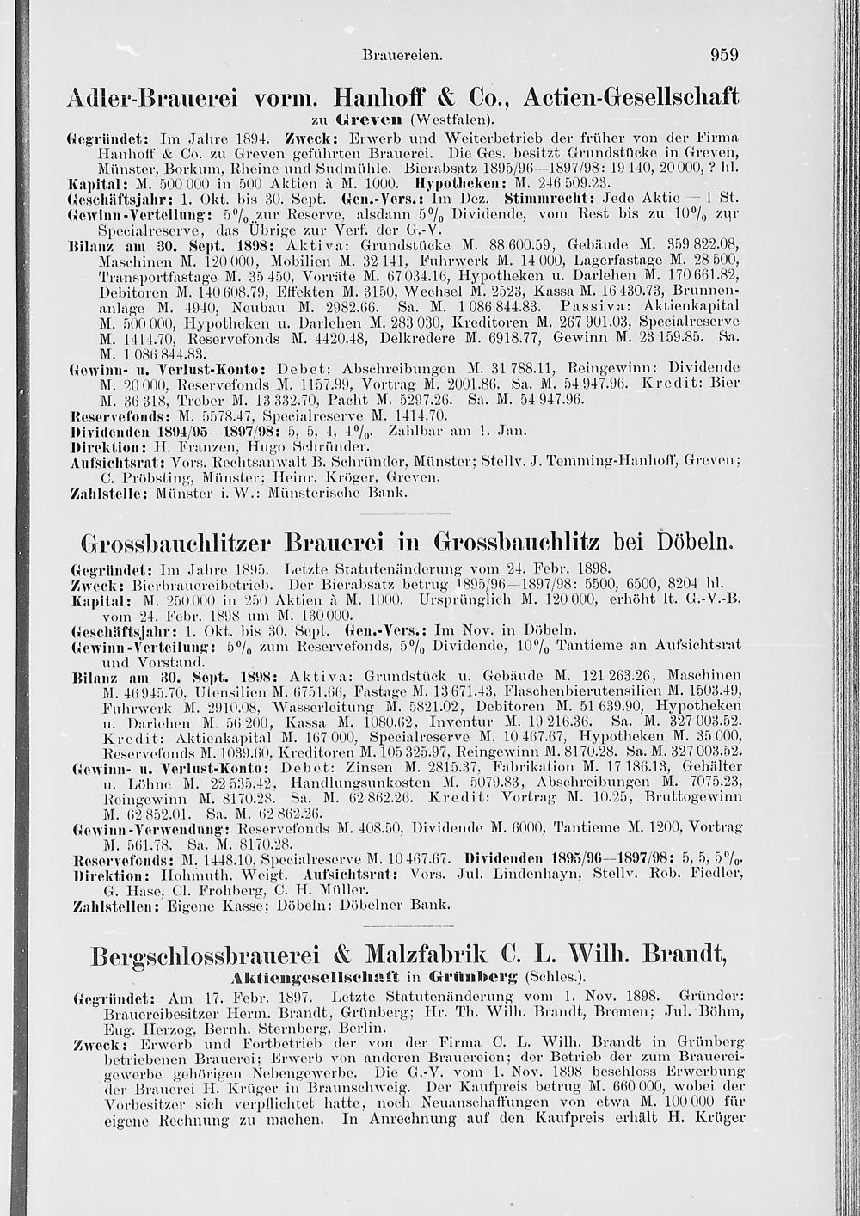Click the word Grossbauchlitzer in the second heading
[175, 544]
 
